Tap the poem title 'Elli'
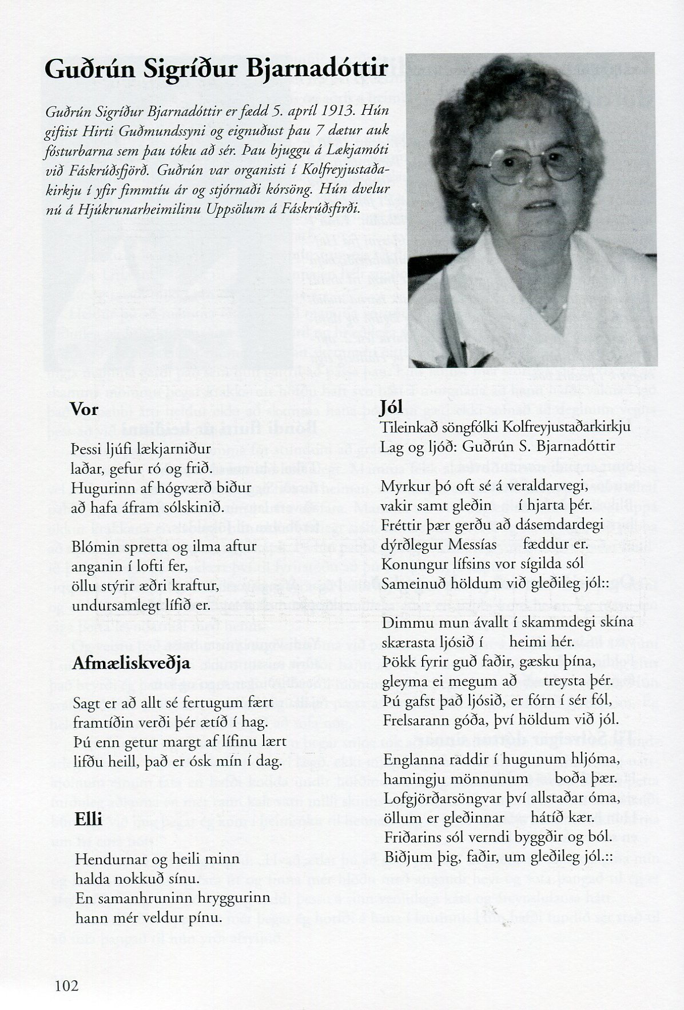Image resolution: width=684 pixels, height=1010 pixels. coord(89,819)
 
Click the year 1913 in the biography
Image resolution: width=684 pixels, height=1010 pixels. coord(309,111)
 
